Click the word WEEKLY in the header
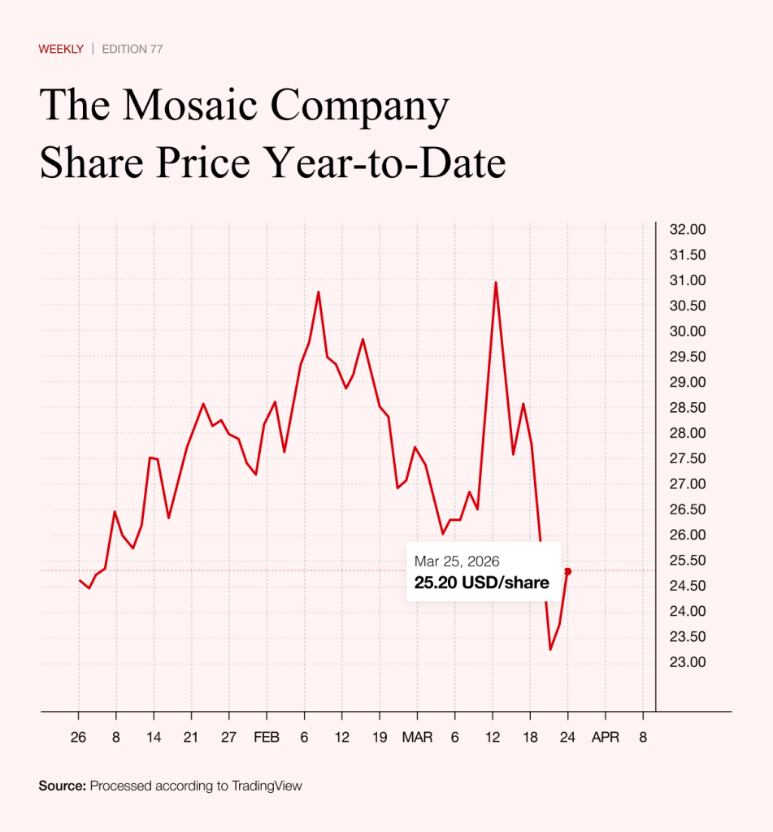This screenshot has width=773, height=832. [x=61, y=49]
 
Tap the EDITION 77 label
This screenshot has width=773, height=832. [x=132, y=49]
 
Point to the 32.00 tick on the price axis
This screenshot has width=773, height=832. [x=686, y=229]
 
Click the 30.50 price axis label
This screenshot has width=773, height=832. [x=686, y=305]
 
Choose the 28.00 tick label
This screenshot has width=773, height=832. [x=686, y=432]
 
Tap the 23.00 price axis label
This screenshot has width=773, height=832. [x=686, y=661]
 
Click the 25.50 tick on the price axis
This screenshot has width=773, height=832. [x=686, y=560]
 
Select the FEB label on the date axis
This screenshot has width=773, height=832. [x=267, y=738]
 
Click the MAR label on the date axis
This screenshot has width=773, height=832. [x=417, y=738]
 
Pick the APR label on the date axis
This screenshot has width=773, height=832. [x=605, y=738]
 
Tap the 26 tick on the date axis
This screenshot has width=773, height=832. [x=78, y=738]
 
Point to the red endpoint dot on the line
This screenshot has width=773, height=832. [x=567, y=571]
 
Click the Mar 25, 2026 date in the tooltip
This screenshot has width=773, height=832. [x=457, y=561]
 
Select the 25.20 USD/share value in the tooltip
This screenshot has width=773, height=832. [x=482, y=583]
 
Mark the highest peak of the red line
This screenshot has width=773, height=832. [x=496, y=282]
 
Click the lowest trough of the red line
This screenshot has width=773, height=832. [x=550, y=649]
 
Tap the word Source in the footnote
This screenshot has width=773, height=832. [x=62, y=786]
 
